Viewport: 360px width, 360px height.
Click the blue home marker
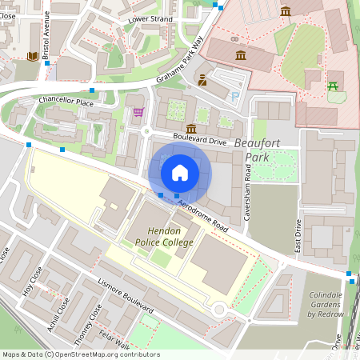(180, 173)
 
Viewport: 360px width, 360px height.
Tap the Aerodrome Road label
(203, 215)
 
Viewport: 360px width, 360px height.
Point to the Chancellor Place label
(66, 102)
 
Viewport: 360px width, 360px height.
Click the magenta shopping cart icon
(138, 112)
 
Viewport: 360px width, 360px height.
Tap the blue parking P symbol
(234, 96)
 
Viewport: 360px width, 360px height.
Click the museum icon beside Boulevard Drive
(191, 129)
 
